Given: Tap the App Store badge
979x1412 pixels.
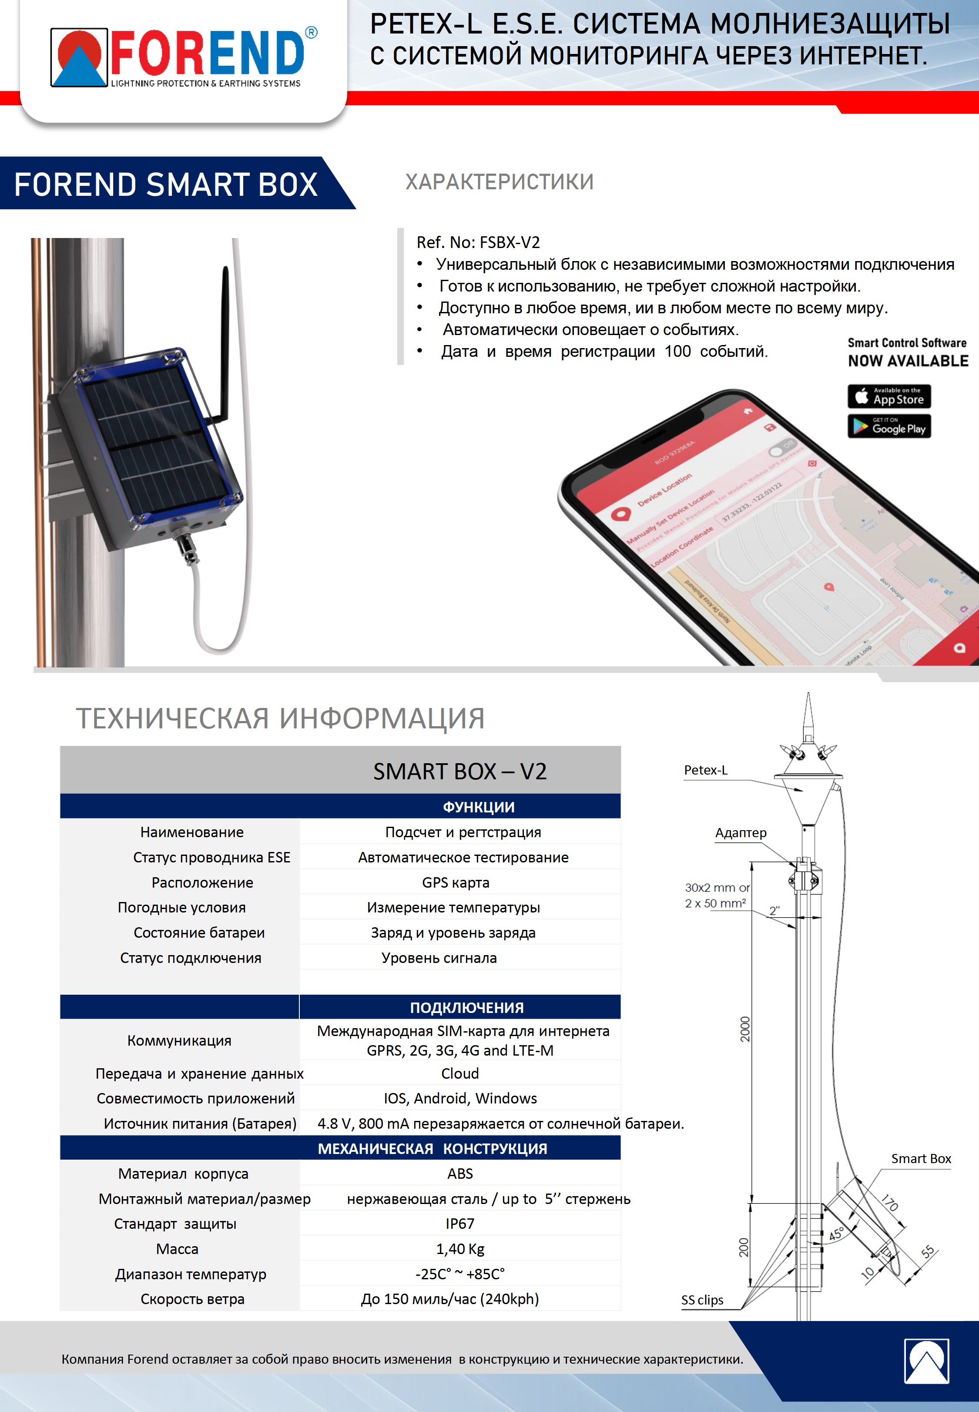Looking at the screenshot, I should click(x=889, y=396).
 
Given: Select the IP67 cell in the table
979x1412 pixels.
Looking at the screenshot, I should click(x=459, y=1224).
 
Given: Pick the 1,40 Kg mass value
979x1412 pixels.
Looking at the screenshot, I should click(x=460, y=1249).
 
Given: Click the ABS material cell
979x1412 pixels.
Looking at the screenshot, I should click(x=459, y=1174).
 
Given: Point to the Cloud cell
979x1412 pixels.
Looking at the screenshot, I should click(x=459, y=1073).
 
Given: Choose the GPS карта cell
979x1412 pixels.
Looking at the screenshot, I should click(x=455, y=882).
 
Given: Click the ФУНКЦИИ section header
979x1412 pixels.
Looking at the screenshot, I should click(x=479, y=807).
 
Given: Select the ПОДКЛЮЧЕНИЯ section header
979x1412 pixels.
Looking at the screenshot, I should click(x=466, y=1007).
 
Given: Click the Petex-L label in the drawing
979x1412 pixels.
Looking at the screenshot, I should click(x=705, y=771).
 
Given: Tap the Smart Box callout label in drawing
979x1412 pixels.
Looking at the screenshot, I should click(x=920, y=1159).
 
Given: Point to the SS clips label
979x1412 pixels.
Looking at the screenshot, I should click(x=702, y=1300).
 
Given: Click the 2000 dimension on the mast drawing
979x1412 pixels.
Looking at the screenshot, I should click(x=744, y=1029).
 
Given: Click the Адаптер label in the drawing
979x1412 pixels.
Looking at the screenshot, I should click(x=741, y=833).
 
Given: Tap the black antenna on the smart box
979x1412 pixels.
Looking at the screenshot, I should click(x=225, y=343).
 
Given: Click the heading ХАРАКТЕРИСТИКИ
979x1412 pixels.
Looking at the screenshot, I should click(x=499, y=182).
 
